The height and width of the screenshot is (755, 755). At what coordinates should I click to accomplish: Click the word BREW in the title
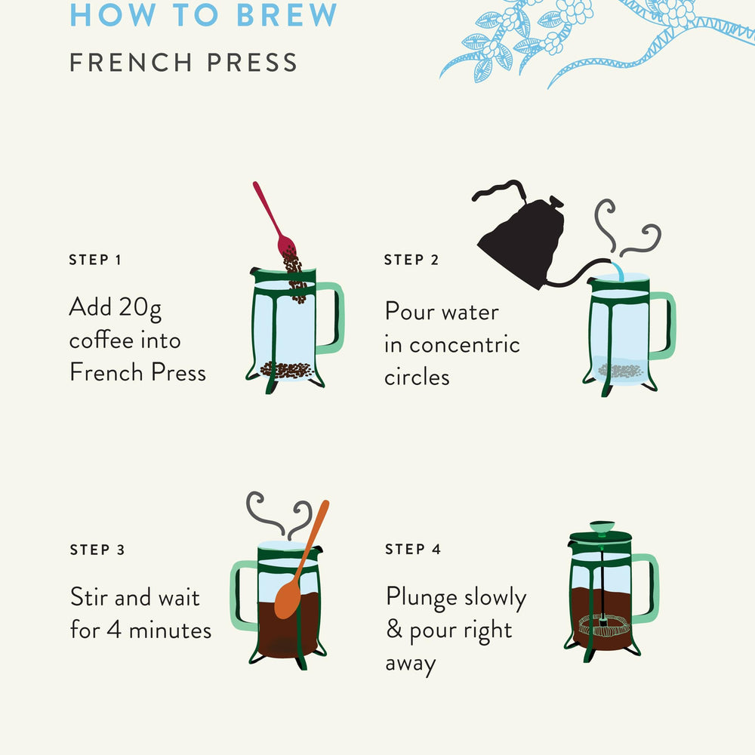(x=287, y=14)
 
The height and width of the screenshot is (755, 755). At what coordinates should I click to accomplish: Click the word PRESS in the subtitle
(x=252, y=63)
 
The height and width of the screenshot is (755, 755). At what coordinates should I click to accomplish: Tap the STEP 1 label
(x=95, y=260)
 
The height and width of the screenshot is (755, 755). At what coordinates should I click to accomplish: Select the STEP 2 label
(x=411, y=260)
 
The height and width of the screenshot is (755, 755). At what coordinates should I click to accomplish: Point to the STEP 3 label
(x=97, y=550)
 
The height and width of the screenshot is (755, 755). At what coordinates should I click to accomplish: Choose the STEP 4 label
(x=413, y=550)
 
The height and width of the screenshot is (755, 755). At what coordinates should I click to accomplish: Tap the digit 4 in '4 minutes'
(x=114, y=630)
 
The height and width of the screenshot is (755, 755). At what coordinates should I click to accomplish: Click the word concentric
(x=464, y=345)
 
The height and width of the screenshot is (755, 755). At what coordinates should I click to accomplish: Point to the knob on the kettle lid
(x=556, y=201)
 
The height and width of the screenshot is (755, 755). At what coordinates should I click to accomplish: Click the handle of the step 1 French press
(x=331, y=318)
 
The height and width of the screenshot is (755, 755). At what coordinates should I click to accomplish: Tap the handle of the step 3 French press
(x=243, y=596)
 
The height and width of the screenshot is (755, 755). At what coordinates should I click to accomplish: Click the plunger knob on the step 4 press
(x=602, y=527)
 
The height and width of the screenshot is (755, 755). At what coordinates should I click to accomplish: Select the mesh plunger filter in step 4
(x=604, y=625)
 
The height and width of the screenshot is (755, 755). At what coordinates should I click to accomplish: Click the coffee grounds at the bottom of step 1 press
(x=287, y=370)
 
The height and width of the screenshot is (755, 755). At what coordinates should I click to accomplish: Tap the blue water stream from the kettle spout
(x=618, y=272)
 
